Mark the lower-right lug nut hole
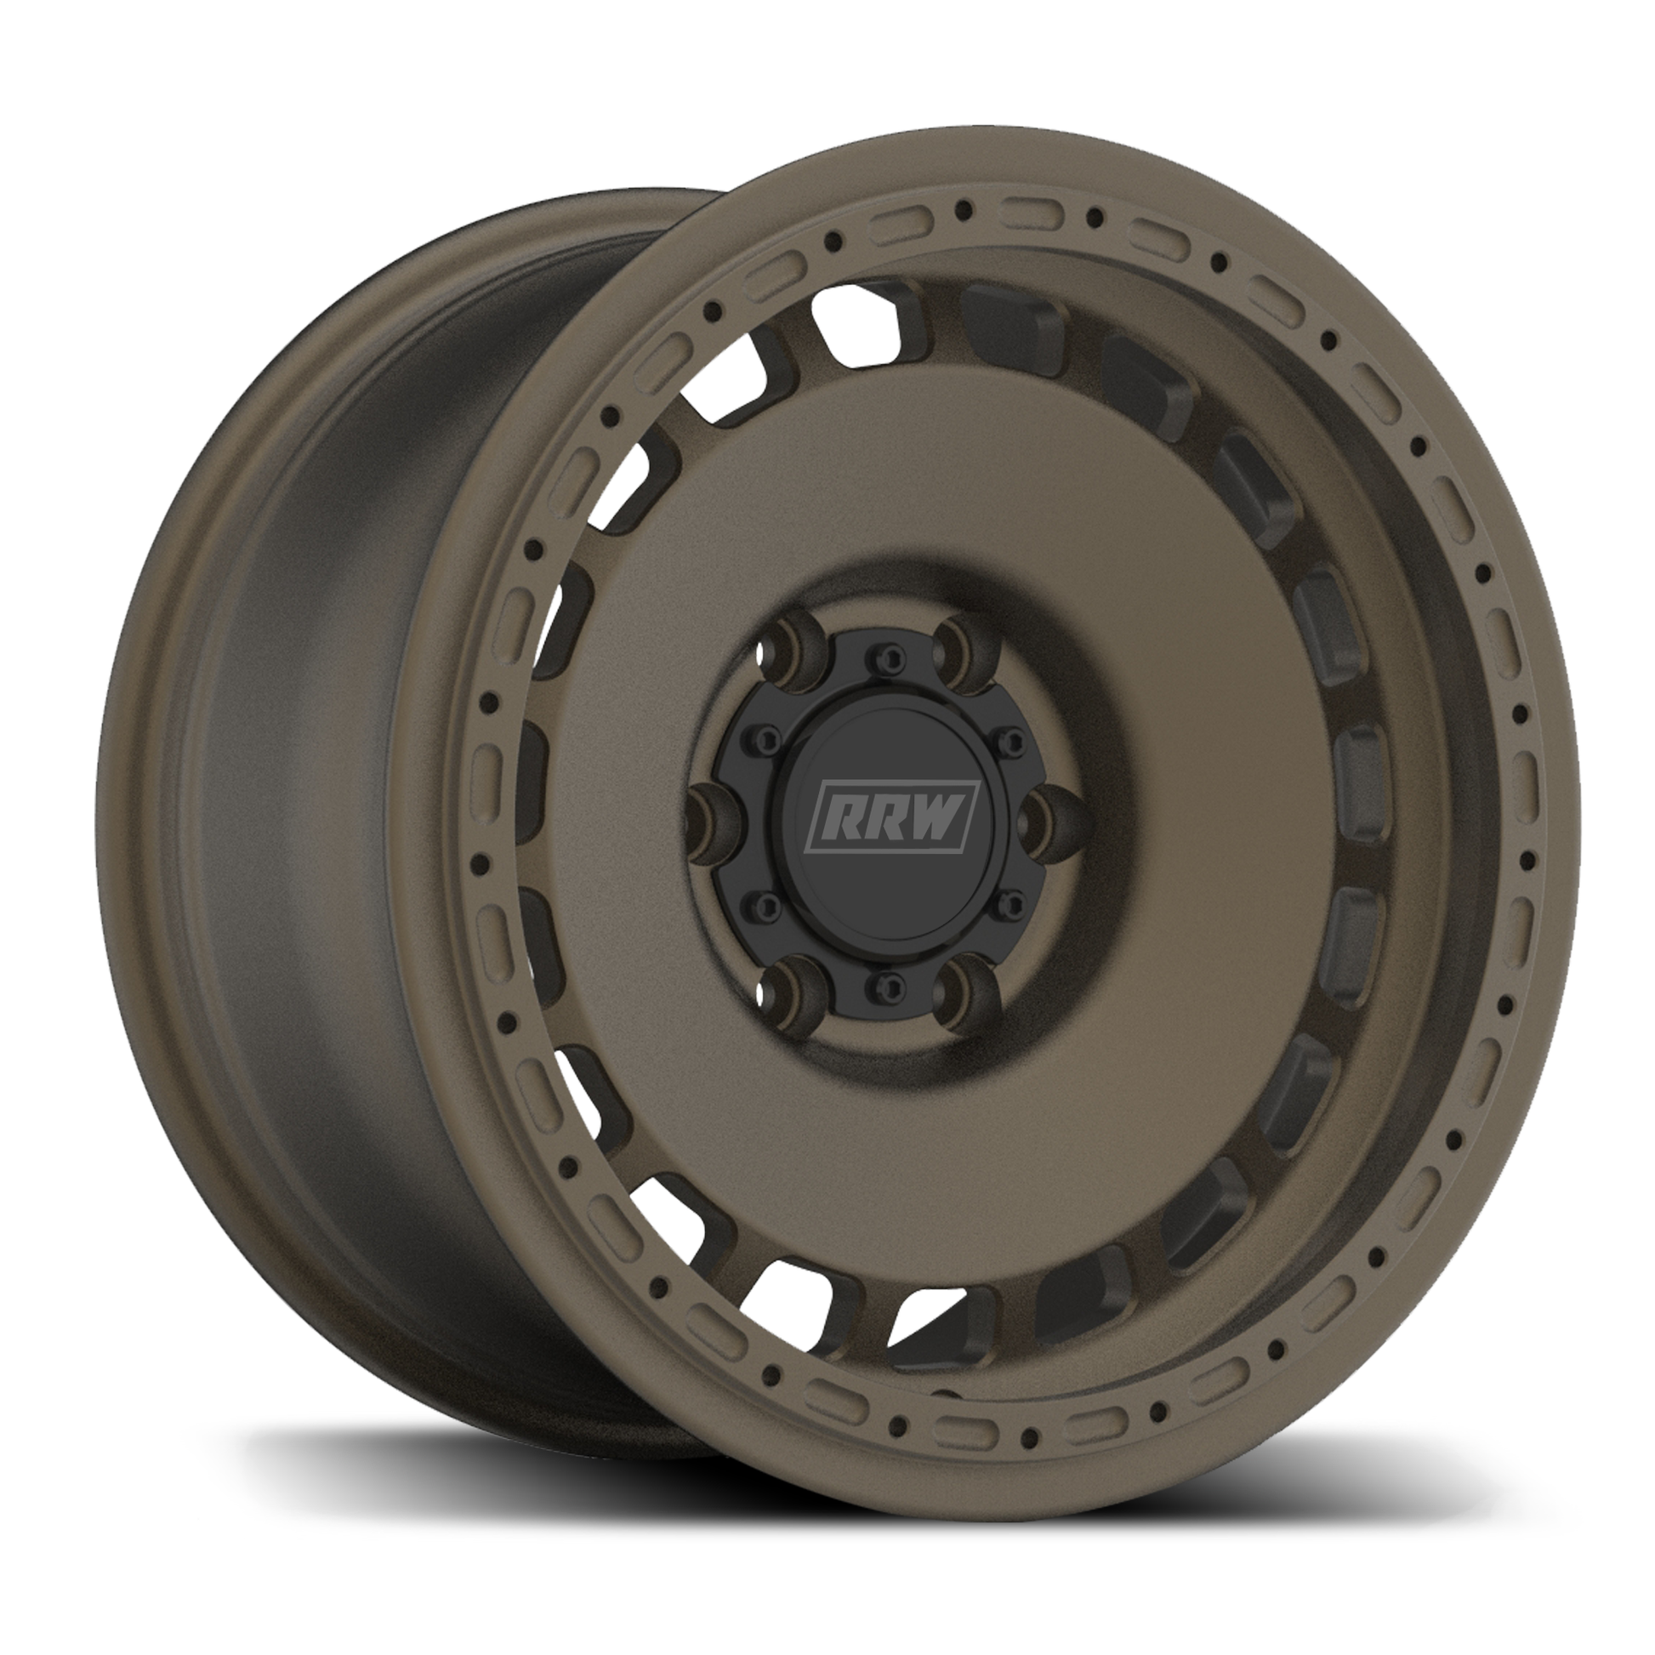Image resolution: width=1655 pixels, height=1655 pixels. click(968, 997)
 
